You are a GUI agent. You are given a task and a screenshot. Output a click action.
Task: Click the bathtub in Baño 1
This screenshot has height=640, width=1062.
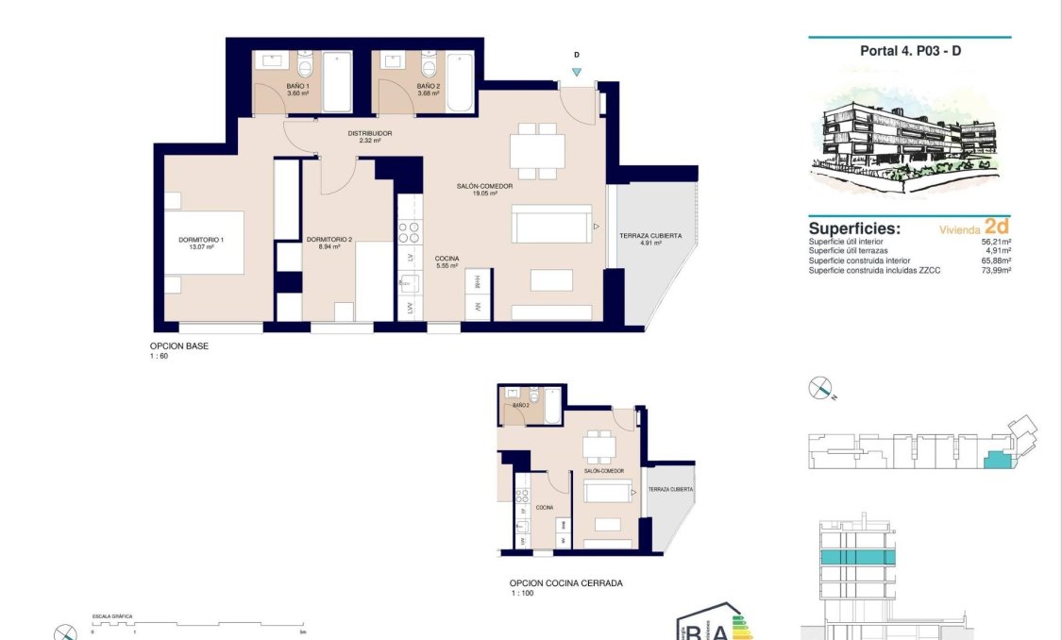pos(336,82)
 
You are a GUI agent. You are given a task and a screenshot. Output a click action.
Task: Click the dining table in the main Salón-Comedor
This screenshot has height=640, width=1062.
pos(536,151)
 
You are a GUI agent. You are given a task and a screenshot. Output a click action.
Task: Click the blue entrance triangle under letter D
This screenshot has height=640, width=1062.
pos(577,72)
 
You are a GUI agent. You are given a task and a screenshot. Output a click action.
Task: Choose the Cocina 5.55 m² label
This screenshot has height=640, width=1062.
pos(447,262)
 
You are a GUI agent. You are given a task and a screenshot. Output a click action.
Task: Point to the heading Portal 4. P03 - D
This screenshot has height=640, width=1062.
pos(910,51)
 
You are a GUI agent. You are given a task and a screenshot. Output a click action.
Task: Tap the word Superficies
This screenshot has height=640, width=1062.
pos(854,228)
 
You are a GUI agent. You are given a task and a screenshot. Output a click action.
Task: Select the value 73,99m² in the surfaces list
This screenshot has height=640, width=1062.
pos(996,270)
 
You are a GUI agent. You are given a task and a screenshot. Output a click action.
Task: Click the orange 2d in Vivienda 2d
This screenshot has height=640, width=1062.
pos(996,227)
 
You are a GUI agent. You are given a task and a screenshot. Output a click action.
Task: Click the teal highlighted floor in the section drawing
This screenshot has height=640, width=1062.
pos(858,558)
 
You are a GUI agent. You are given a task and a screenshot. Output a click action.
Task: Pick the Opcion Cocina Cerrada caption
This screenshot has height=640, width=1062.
pos(565,583)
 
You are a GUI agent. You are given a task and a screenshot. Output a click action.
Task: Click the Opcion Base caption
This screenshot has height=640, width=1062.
pos(178,346)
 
